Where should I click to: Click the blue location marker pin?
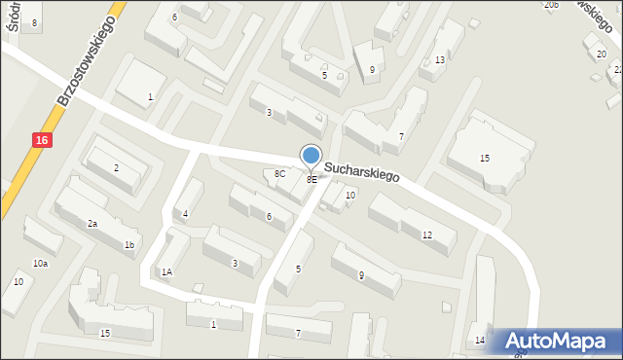pyautogui.click(x=311, y=156)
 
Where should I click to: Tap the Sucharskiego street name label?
pyautogui.click(x=362, y=173)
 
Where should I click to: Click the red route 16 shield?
pyautogui.click(x=45, y=142)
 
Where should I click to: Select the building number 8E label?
pyautogui.click(x=311, y=180)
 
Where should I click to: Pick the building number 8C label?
pyautogui.click(x=279, y=174)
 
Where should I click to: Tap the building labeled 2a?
pyautogui.click(x=92, y=224)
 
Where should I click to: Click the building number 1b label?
pyautogui.click(x=128, y=245)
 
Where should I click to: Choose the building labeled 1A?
pyautogui.click(x=166, y=272)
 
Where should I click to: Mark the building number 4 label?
pyautogui.click(x=185, y=214)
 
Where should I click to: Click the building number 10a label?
pyautogui.click(x=40, y=264)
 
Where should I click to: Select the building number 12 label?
pyautogui.click(x=427, y=235)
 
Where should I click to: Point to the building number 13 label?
pyautogui.click(x=440, y=60)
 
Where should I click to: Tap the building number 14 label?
pyautogui.click(x=479, y=340)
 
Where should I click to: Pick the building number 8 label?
pyautogui.click(x=34, y=22)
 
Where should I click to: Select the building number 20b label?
pyautogui.click(x=551, y=5)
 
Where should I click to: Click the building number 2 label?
pyautogui.click(x=116, y=168)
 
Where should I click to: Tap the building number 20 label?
pyautogui.click(x=601, y=54)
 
